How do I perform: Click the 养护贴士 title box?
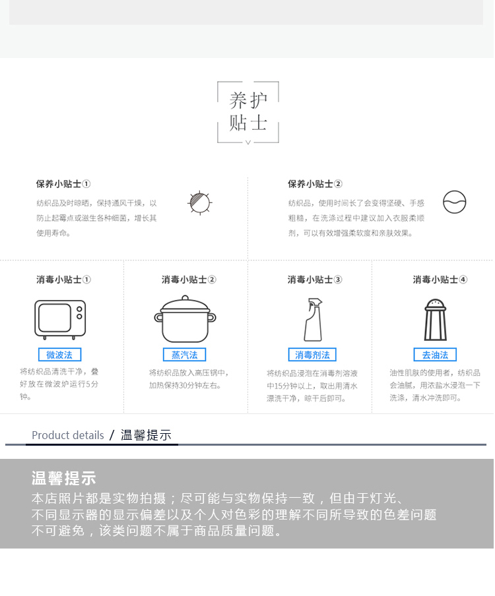pyautogui.click(x=218, y=113)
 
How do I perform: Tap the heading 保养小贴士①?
pyautogui.click(x=63, y=184)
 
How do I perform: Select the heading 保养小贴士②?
pyautogui.click(x=315, y=184)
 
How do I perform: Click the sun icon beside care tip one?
pyautogui.click(x=200, y=202)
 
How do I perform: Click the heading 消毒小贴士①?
pyautogui.click(x=63, y=280)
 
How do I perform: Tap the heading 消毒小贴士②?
pyautogui.click(x=189, y=280)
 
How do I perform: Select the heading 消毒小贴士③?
pyautogui.click(x=315, y=280)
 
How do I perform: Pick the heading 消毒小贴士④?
pyautogui.click(x=440, y=280)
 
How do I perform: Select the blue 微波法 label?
pyautogui.click(x=60, y=355)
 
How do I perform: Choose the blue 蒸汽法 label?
pyautogui.click(x=185, y=355)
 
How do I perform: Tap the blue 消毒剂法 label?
pyautogui.click(x=312, y=355)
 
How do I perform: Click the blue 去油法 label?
pyautogui.click(x=435, y=355)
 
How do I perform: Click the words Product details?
pyautogui.click(x=68, y=435)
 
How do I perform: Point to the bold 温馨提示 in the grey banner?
pyautogui.click(x=63, y=478)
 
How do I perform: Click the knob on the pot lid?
pyautogui.click(x=185, y=297)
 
